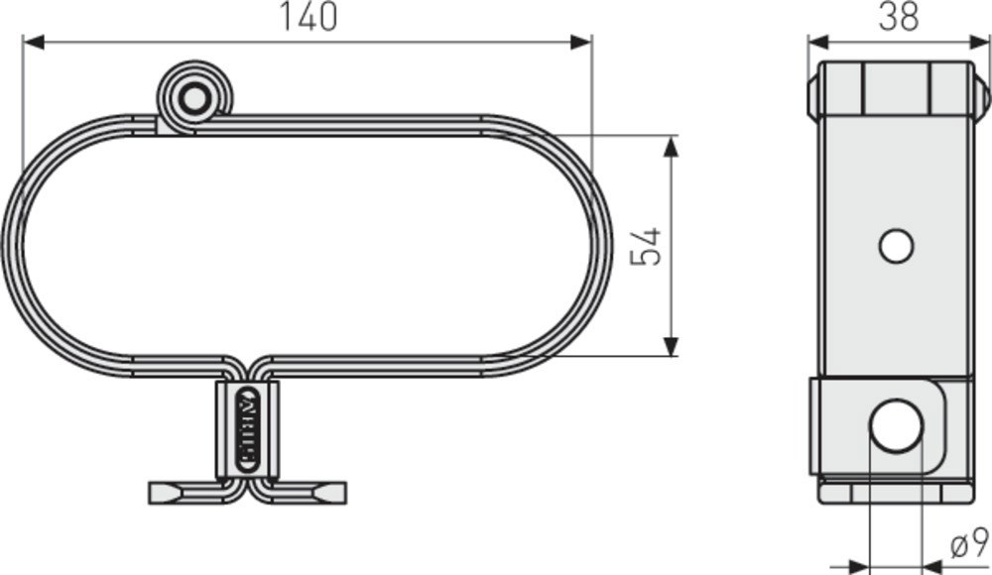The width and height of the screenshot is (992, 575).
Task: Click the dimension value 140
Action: pyautogui.click(x=308, y=17)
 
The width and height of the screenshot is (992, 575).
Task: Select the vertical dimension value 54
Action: pyautogui.click(x=646, y=246)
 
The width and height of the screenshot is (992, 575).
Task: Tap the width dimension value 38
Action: pyautogui.click(x=899, y=17)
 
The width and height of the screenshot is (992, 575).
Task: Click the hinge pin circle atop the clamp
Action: pyautogui.click(x=194, y=98)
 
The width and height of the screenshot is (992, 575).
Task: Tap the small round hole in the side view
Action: pyautogui.click(x=896, y=245)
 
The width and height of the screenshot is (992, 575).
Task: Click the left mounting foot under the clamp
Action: pyautogui.click(x=188, y=493)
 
